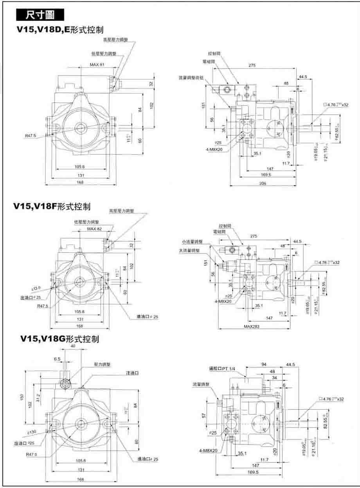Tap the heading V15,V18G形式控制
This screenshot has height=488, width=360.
coord(60,339)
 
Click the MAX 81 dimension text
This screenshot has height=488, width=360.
coord(97,65)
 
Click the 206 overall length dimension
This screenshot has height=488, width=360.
coord(263,183)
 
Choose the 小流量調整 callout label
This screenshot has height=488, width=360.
coord(193,242)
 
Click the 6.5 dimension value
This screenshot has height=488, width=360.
coord(58,358)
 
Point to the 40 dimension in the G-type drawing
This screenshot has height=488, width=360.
coord(73,346)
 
